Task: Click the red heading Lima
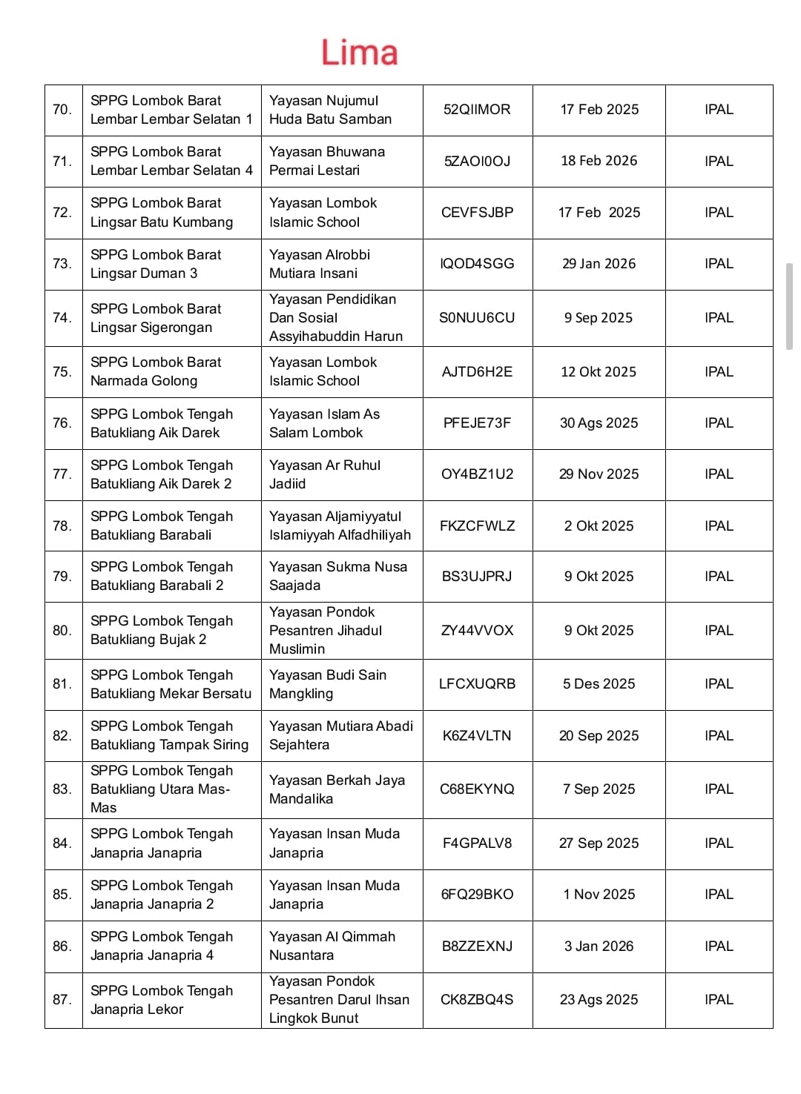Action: coord(359,53)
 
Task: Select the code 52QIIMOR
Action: coord(477,110)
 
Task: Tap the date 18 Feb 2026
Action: coord(599,161)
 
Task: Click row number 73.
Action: coord(62,264)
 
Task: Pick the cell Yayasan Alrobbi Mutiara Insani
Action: coord(320,264)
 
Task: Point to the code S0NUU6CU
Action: coord(477,318)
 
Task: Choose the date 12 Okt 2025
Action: coord(599,372)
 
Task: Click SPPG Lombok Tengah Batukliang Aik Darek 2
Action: coord(162,474)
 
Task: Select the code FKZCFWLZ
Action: coord(477,526)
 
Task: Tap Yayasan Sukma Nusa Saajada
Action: coord(337,576)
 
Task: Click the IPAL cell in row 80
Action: coord(719,631)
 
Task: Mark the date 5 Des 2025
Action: coord(599,684)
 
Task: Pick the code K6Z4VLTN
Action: coord(477,736)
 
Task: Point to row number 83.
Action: coord(62,789)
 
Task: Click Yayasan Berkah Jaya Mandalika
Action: coord(337,789)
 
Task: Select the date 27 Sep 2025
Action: coord(599,843)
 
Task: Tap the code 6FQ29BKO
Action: coord(477,895)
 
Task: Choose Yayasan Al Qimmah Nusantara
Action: coord(332,946)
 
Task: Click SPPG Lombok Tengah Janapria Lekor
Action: coord(162,1000)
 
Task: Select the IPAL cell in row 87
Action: coord(719,1000)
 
